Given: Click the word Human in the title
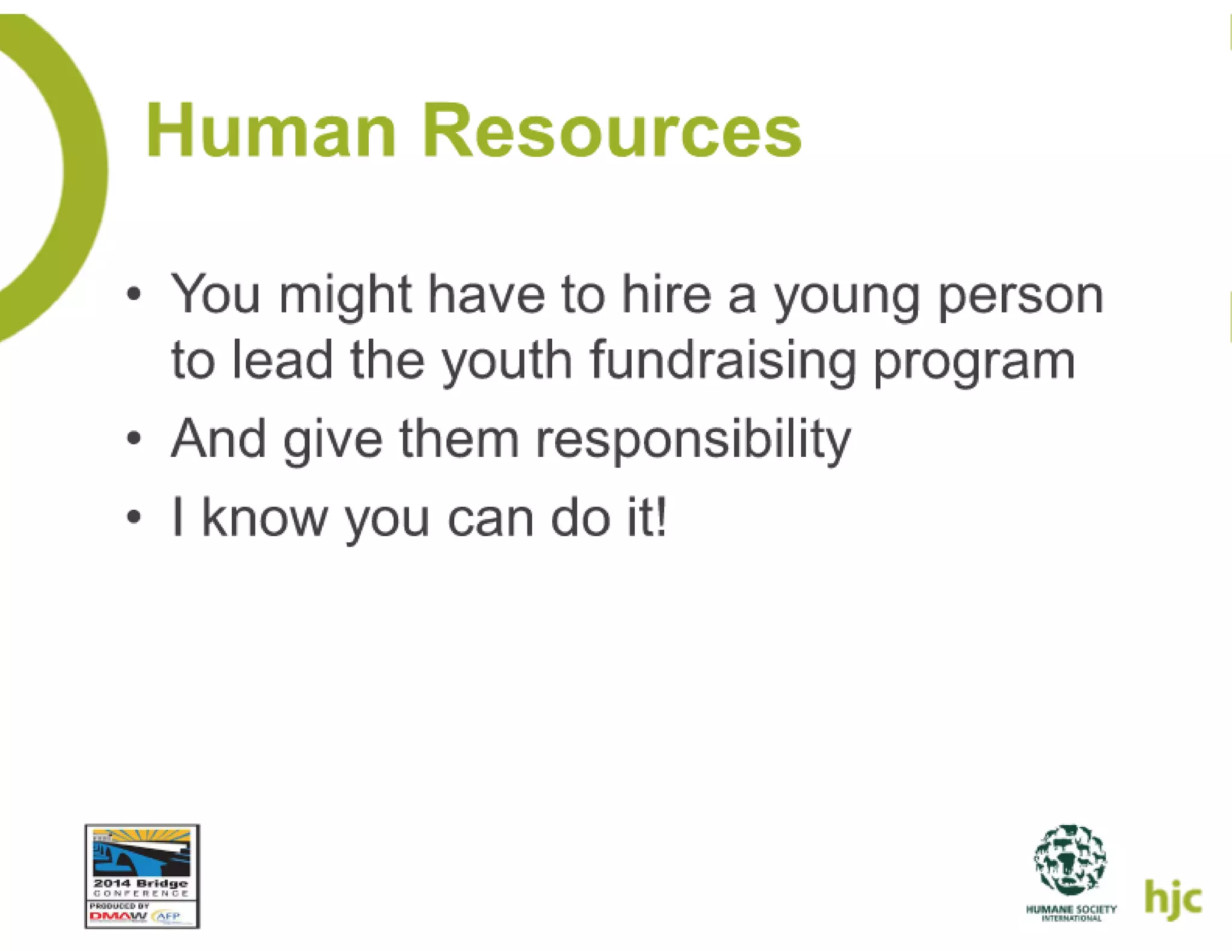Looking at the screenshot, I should (x=271, y=131).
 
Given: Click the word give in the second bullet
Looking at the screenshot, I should (x=333, y=441).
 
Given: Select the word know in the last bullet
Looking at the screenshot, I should (x=264, y=517).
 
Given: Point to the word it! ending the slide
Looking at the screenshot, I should (x=647, y=517).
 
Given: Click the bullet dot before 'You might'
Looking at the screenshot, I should (x=134, y=295).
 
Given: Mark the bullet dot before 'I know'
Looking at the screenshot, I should (x=134, y=516).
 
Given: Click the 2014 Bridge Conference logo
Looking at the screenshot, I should (x=142, y=875).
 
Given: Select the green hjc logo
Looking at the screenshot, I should (x=1172, y=899).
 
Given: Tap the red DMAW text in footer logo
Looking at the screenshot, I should (x=118, y=917).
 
